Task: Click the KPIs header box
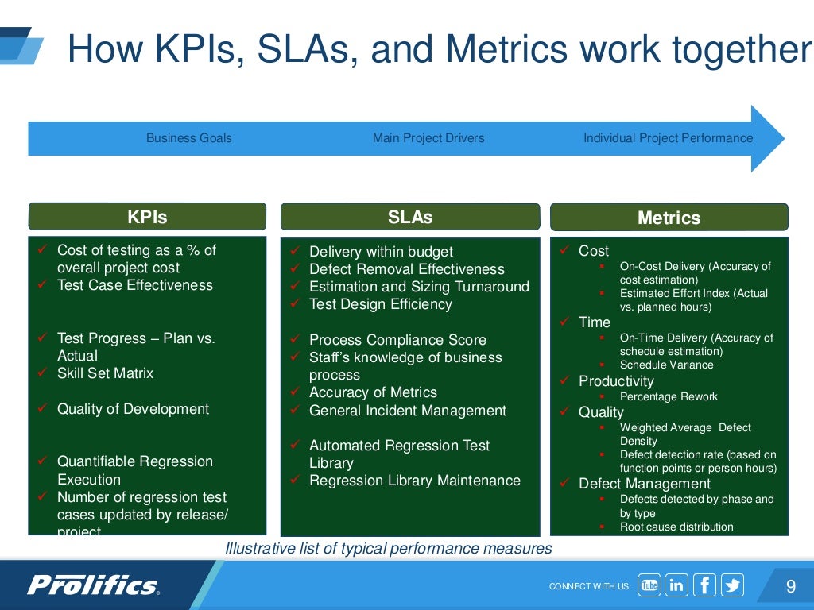pos(147,217)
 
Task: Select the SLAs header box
pos(409,217)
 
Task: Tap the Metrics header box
pos(669,218)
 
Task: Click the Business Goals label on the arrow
pos(189,138)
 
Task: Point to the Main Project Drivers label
pos(428,138)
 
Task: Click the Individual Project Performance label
pos(668,138)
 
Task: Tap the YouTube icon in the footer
pos(649,585)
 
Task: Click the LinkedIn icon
pos(676,585)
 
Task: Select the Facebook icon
pos(704,585)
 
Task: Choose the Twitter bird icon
pos(732,585)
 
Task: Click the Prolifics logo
pos(94,586)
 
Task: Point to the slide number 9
pos(790,587)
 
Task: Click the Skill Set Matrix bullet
pos(105,373)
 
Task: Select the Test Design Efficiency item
pos(380,304)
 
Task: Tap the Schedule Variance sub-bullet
pos(666,365)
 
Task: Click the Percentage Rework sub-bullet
pos(669,396)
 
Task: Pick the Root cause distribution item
pos(676,527)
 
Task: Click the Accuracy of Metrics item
pos(373,392)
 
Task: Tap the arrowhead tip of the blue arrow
pos(783,138)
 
